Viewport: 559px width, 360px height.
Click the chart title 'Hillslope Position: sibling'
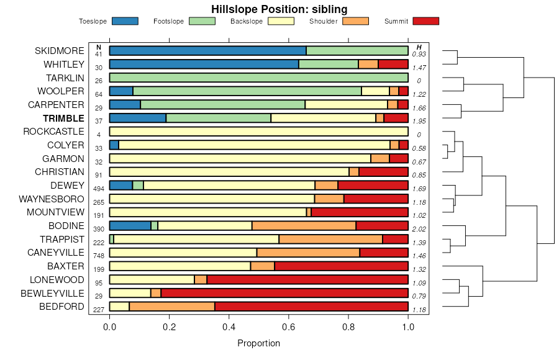coord(279,9)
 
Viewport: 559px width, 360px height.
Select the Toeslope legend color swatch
coord(125,21)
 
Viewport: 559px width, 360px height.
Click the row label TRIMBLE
coord(63,118)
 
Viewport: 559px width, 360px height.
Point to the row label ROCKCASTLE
coord(53,132)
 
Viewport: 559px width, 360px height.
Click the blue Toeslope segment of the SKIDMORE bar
coord(207,51)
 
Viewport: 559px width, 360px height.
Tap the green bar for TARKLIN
coord(258,78)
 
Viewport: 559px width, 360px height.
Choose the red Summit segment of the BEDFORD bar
coord(311,306)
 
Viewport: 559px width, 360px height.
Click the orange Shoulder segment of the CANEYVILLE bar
coord(308,253)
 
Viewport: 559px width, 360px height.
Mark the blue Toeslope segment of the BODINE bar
coord(130,225)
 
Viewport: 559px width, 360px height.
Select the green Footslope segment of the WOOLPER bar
coord(247,91)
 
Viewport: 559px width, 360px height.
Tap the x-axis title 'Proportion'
coord(258,343)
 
